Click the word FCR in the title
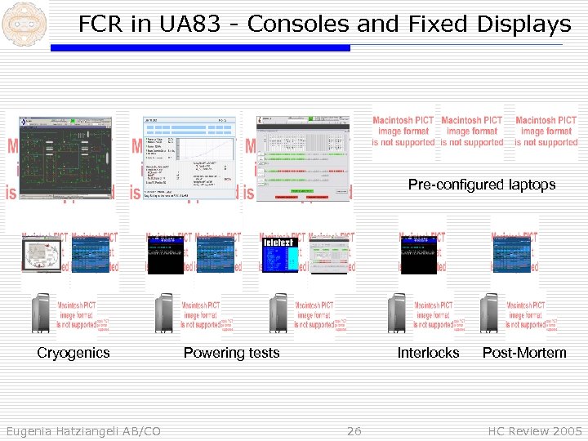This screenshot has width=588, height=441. click(x=102, y=24)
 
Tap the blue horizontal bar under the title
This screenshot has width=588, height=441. click(x=200, y=48)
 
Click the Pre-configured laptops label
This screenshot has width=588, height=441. click(x=481, y=185)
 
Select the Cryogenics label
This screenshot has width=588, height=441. click(x=73, y=353)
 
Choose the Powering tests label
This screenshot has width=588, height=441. click(x=231, y=353)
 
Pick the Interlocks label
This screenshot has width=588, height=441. click(x=428, y=353)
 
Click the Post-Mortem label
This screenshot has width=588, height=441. click(x=523, y=353)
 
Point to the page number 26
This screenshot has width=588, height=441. click(x=354, y=430)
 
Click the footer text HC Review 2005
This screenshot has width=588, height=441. click(x=534, y=430)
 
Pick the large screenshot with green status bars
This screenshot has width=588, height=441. click(x=305, y=157)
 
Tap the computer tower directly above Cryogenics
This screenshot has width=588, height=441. click(x=41, y=313)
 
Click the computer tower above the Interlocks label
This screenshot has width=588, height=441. click(x=398, y=313)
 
